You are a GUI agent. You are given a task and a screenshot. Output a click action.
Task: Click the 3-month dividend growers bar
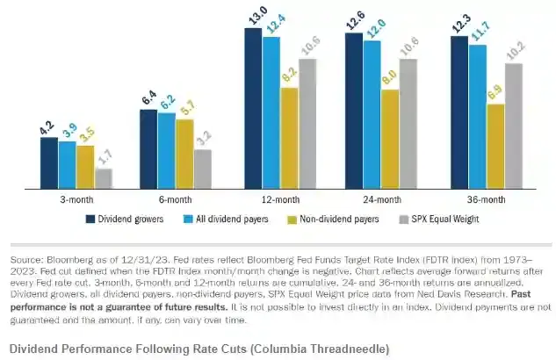(48, 163)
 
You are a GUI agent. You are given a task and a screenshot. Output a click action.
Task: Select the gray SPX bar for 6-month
(202, 169)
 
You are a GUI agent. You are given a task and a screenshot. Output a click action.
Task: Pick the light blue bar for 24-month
(372, 115)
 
